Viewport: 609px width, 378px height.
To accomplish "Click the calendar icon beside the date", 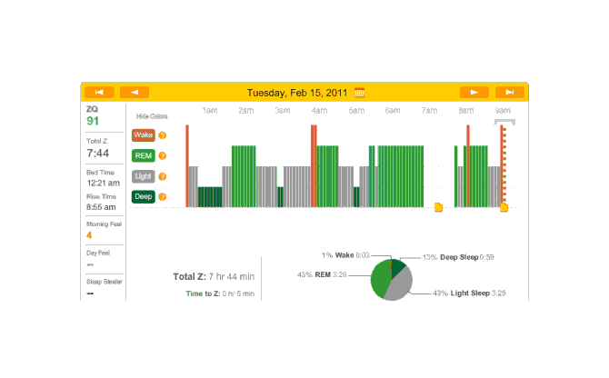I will coord(359,92).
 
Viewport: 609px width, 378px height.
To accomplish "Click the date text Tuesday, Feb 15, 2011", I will coord(299,92).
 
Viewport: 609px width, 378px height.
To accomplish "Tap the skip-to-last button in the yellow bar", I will coord(511,92).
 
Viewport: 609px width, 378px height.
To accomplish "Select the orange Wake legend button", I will coord(143,135).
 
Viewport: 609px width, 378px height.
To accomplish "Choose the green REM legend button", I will coord(143,155).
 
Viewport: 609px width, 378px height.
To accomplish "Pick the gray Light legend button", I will coord(143,176).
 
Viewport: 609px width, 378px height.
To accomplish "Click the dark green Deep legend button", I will coord(143,196).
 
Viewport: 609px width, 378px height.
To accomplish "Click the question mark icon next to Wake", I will coord(163,135).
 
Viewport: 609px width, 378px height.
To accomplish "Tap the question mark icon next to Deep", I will coord(163,196).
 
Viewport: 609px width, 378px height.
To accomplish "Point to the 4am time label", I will coord(319,110).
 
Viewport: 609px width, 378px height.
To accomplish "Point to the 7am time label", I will coord(429,110).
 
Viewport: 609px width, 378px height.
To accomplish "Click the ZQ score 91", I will coord(93,121).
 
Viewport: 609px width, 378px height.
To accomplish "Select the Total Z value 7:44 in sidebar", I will coord(98,154).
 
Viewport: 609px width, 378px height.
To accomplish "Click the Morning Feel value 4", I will coord(89,235).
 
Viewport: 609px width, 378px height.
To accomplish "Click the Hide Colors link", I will coord(152,116).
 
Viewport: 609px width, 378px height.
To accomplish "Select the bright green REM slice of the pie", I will coord(380,282).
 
